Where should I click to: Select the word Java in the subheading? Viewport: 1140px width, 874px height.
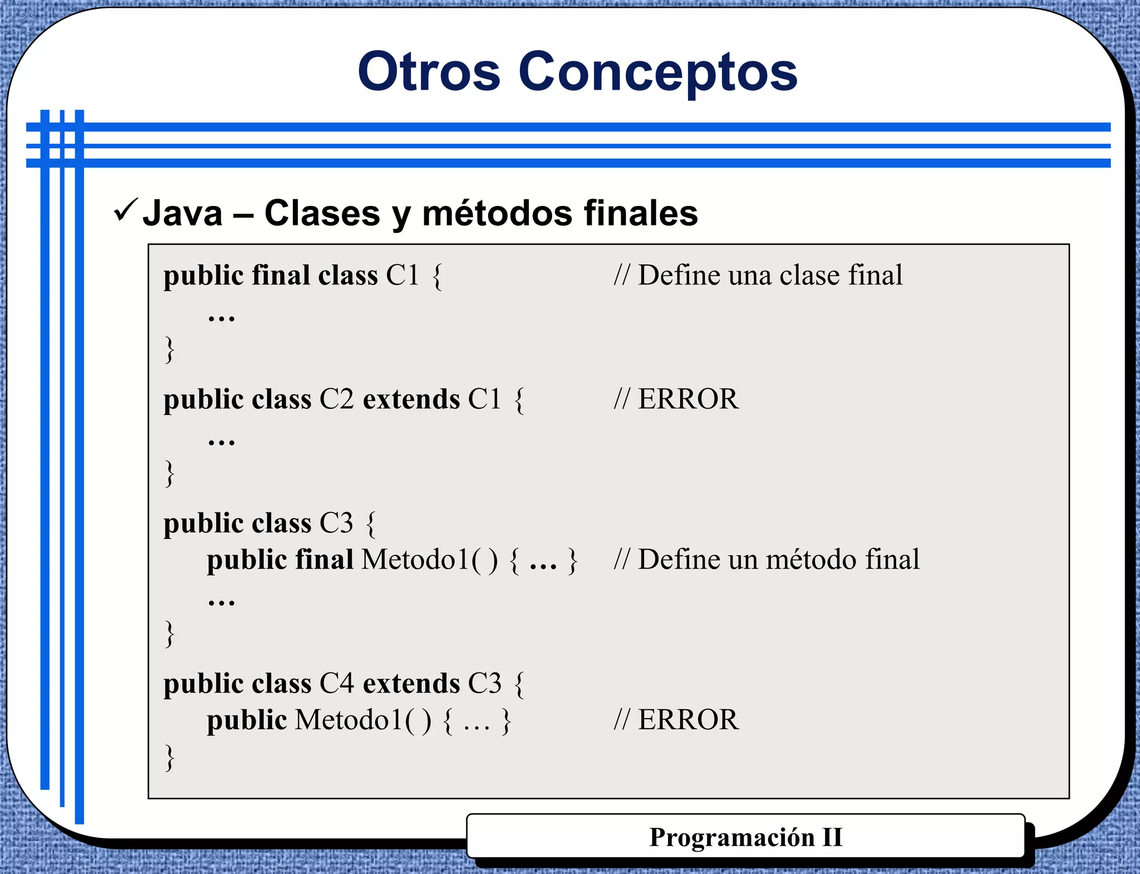point(183,213)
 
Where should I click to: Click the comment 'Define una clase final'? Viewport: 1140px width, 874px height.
point(758,275)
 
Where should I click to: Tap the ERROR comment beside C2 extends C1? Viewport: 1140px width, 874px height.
point(676,399)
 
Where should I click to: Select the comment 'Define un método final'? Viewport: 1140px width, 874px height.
point(766,559)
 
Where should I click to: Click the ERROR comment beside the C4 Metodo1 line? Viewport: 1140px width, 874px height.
point(676,719)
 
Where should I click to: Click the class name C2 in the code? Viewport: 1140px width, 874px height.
point(336,399)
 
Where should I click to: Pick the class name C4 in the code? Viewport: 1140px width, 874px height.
point(336,683)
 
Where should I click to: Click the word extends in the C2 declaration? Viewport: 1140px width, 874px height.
point(411,399)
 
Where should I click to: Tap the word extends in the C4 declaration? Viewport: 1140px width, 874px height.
point(411,683)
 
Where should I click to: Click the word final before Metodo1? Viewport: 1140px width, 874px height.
point(324,559)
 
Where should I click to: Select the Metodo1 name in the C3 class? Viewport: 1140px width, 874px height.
point(416,559)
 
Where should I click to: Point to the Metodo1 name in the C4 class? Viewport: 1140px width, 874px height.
point(349,719)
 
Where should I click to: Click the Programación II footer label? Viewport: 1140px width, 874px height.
point(746,837)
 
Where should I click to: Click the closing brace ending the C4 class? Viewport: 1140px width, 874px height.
point(170,757)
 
